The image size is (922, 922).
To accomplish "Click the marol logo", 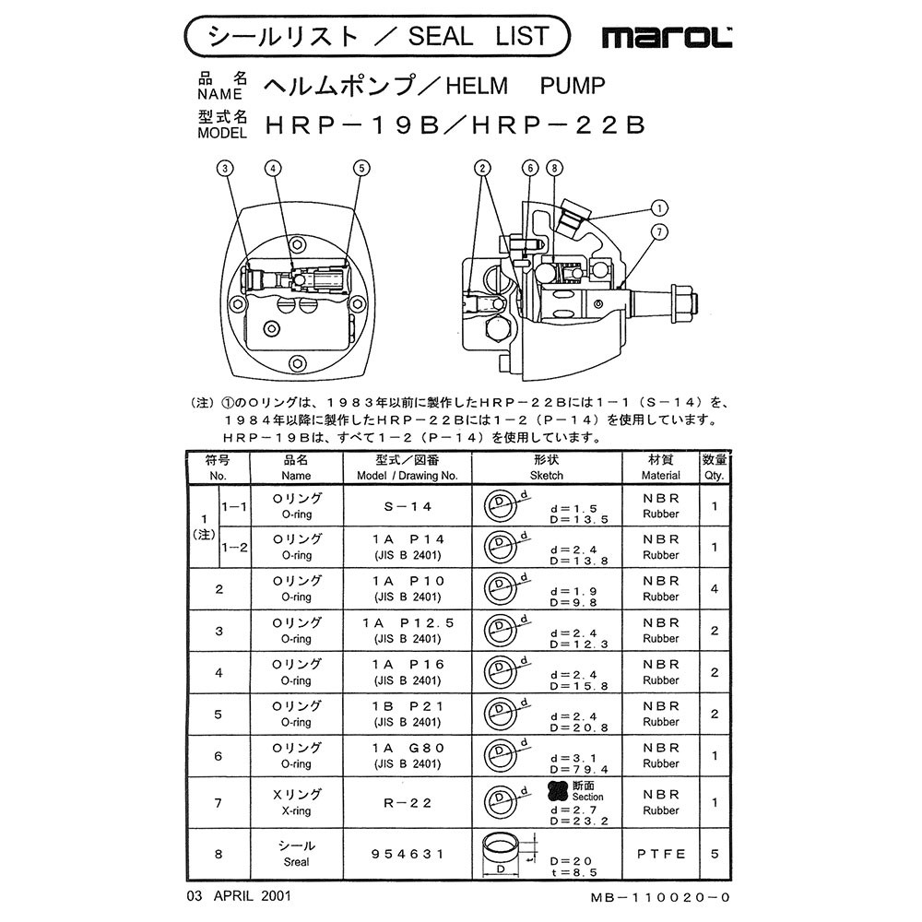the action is (x=667, y=38).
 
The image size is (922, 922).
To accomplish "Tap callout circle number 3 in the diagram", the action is (x=225, y=169).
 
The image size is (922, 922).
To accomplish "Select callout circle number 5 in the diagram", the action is (x=361, y=169).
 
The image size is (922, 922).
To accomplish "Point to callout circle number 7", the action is (x=659, y=232).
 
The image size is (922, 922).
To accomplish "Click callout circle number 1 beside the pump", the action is (x=660, y=208).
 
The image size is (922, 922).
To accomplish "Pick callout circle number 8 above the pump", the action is (x=554, y=169).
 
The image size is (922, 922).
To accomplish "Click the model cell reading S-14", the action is (x=408, y=506).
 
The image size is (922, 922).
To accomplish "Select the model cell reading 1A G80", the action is (x=408, y=755).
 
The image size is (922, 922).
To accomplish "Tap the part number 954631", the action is (x=408, y=854).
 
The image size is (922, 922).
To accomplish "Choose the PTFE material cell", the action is (x=661, y=854).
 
